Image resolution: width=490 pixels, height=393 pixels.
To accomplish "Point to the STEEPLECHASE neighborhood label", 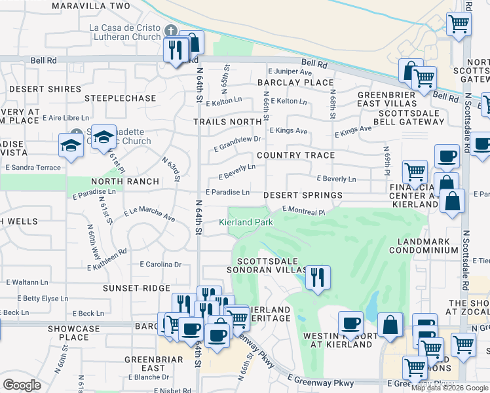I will (x=121, y=98).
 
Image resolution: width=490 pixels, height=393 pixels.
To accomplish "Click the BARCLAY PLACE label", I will (x=295, y=83).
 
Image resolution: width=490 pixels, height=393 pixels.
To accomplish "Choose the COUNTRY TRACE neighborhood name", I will (x=295, y=155).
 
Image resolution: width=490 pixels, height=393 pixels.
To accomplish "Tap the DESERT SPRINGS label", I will (x=303, y=195).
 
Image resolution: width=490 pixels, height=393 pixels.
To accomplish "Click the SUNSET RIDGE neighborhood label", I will (x=136, y=288).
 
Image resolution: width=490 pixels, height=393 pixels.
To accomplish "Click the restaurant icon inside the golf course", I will (x=318, y=277).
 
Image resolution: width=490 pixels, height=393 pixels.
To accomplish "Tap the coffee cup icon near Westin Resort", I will (x=350, y=323).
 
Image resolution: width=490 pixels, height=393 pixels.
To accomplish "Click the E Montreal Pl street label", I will (x=303, y=210).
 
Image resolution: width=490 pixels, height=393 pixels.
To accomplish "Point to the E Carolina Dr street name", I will (x=160, y=265).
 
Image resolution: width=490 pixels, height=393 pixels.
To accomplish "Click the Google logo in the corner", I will (x=22, y=385).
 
